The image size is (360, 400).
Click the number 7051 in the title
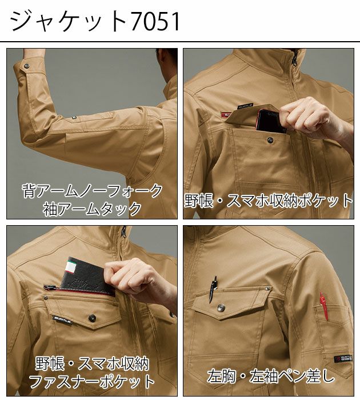tap(154, 21)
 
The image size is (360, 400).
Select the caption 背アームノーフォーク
tap(92, 190)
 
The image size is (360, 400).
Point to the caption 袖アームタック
tap(92, 209)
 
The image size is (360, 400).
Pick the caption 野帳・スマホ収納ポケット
tap(269, 200)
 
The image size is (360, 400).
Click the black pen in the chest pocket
tap(213, 289)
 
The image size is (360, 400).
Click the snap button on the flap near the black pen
tap(221, 309)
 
